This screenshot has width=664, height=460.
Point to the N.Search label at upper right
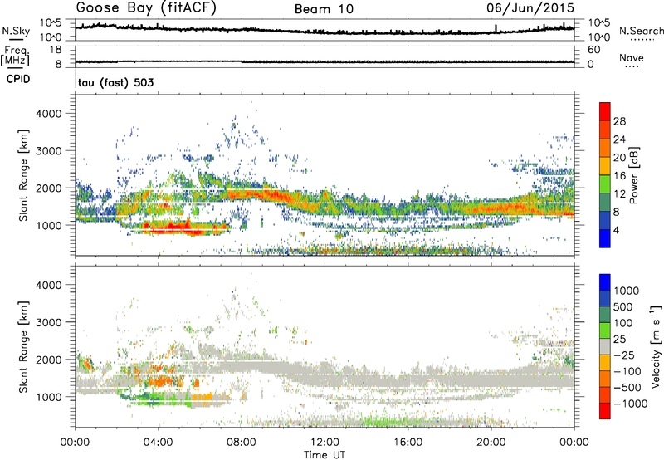[x=641, y=31]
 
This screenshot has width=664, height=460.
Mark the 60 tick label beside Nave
[x=595, y=50]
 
